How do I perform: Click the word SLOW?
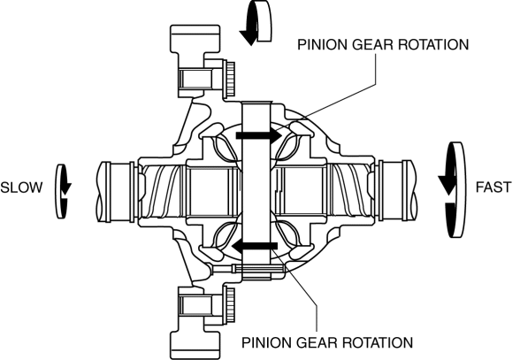21,188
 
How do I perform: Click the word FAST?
493,188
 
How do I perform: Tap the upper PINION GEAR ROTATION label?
383,45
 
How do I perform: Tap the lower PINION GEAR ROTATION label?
327,342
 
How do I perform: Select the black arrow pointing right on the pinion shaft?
259,135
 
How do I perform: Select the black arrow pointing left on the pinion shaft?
254,246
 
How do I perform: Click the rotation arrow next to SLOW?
62,191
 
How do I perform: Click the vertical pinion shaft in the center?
257,191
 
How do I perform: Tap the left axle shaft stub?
116,191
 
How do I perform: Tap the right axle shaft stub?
397,191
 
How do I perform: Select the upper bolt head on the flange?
230,78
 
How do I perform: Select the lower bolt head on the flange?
230,304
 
